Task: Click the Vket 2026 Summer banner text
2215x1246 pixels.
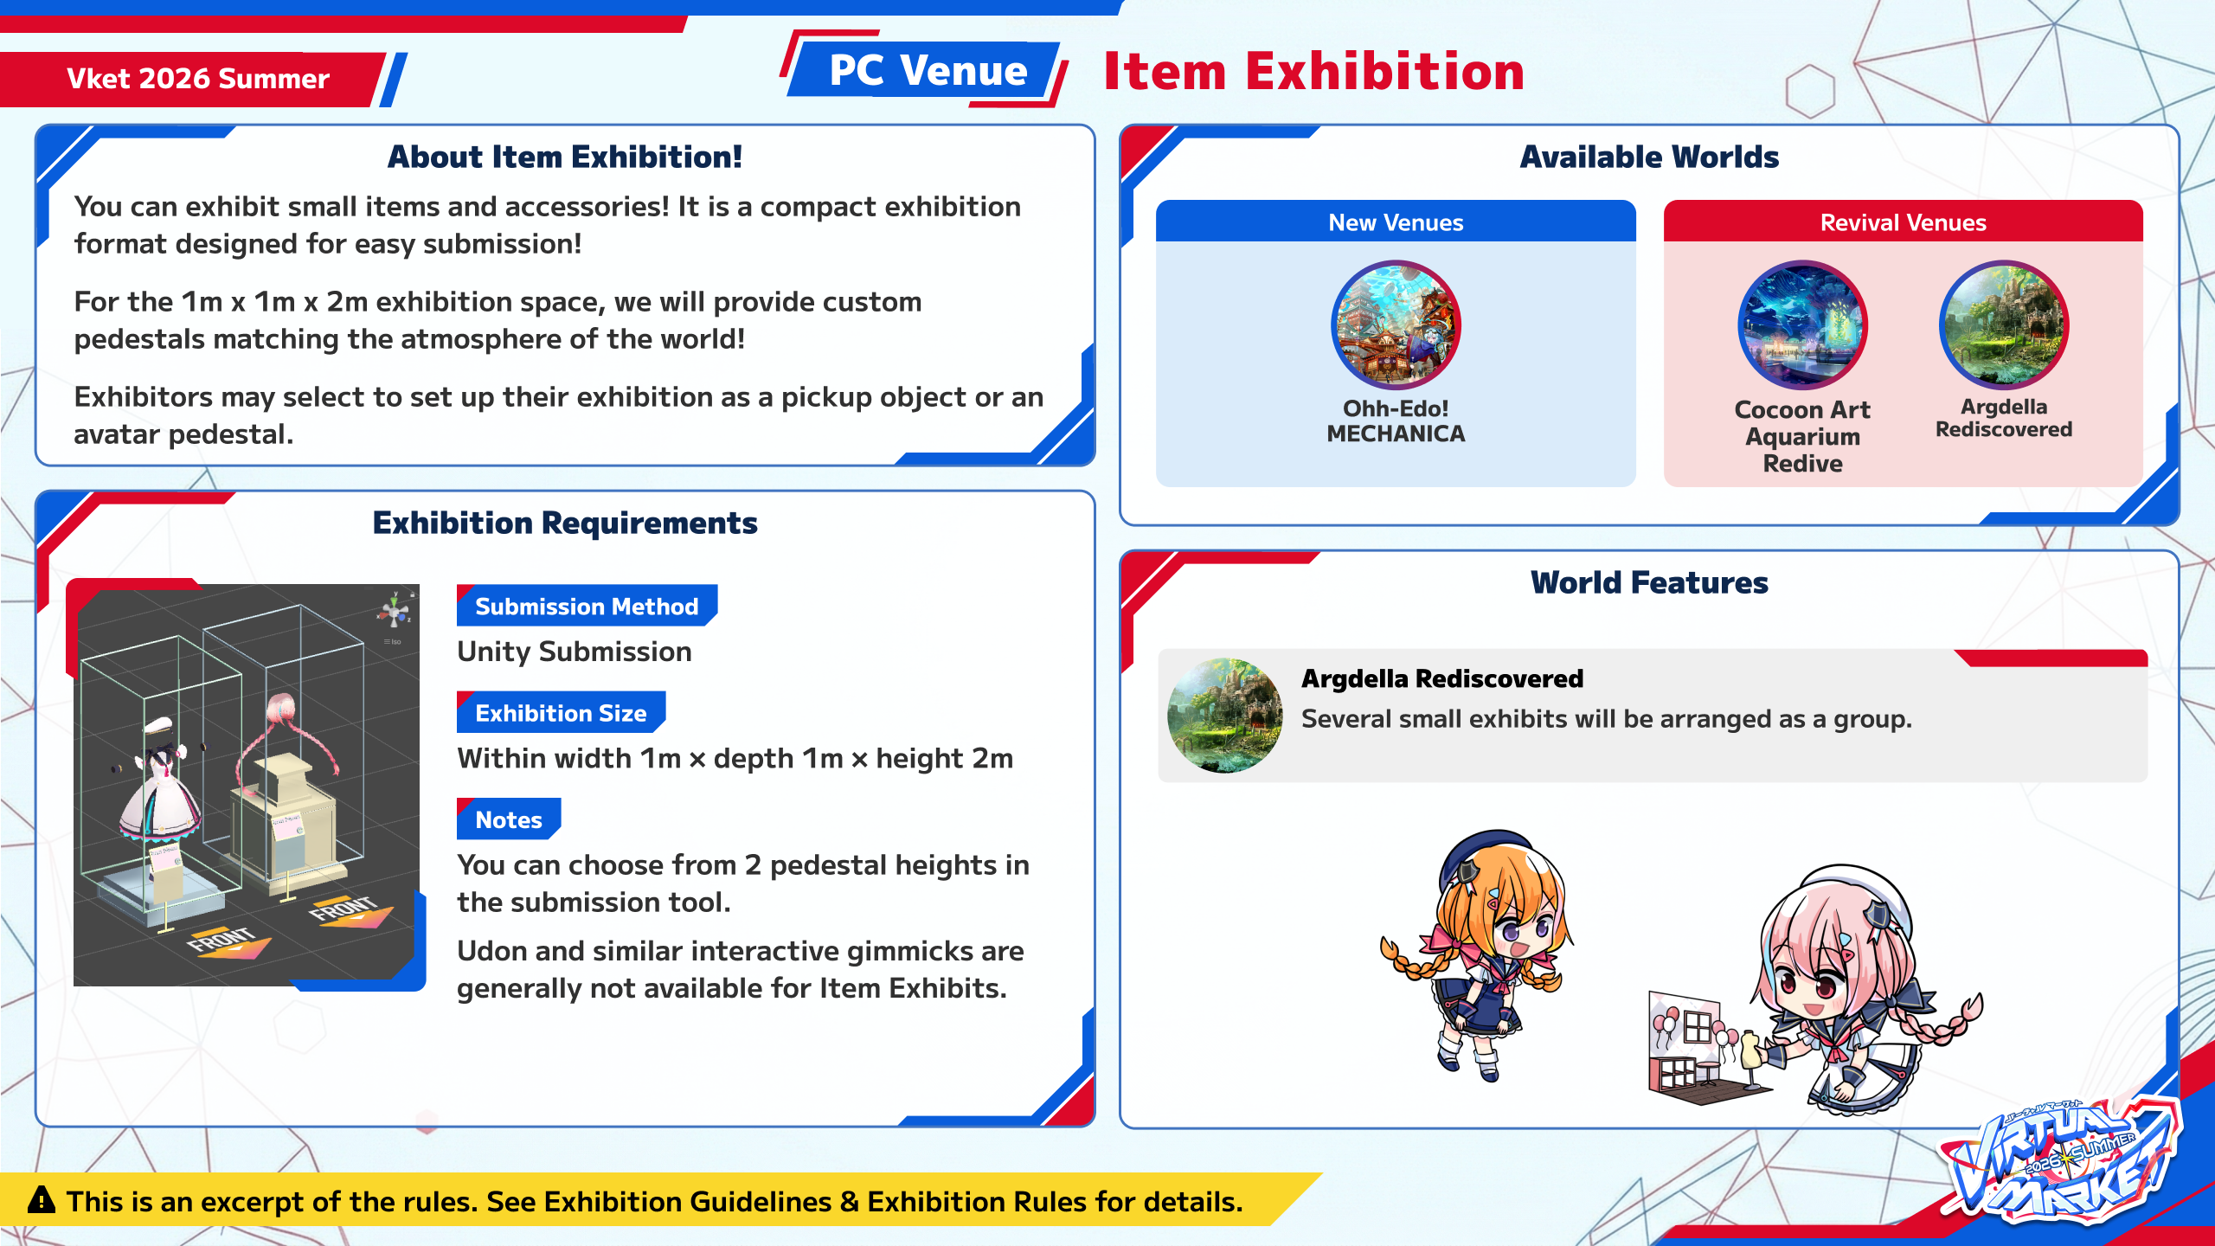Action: point(198,79)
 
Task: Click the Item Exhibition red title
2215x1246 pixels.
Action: point(1313,71)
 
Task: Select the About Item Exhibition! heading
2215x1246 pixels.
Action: point(564,157)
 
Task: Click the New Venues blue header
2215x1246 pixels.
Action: point(1396,222)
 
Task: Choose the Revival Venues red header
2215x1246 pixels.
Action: point(1903,222)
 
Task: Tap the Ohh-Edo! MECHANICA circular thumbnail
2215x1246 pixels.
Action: point(1396,324)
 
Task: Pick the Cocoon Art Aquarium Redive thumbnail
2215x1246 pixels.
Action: point(1802,324)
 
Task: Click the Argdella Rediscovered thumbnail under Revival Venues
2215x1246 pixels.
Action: point(2004,324)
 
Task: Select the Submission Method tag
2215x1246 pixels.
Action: point(587,606)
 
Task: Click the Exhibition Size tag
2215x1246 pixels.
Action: point(561,712)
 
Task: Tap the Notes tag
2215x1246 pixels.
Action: point(509,819)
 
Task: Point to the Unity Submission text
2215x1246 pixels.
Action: point(575,652)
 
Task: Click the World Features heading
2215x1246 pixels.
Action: point(1649,582)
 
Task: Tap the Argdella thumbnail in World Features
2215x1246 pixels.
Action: point(1224,716)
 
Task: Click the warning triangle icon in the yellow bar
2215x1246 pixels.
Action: point(42,1200)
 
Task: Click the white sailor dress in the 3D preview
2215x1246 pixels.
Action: point(161,796)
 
